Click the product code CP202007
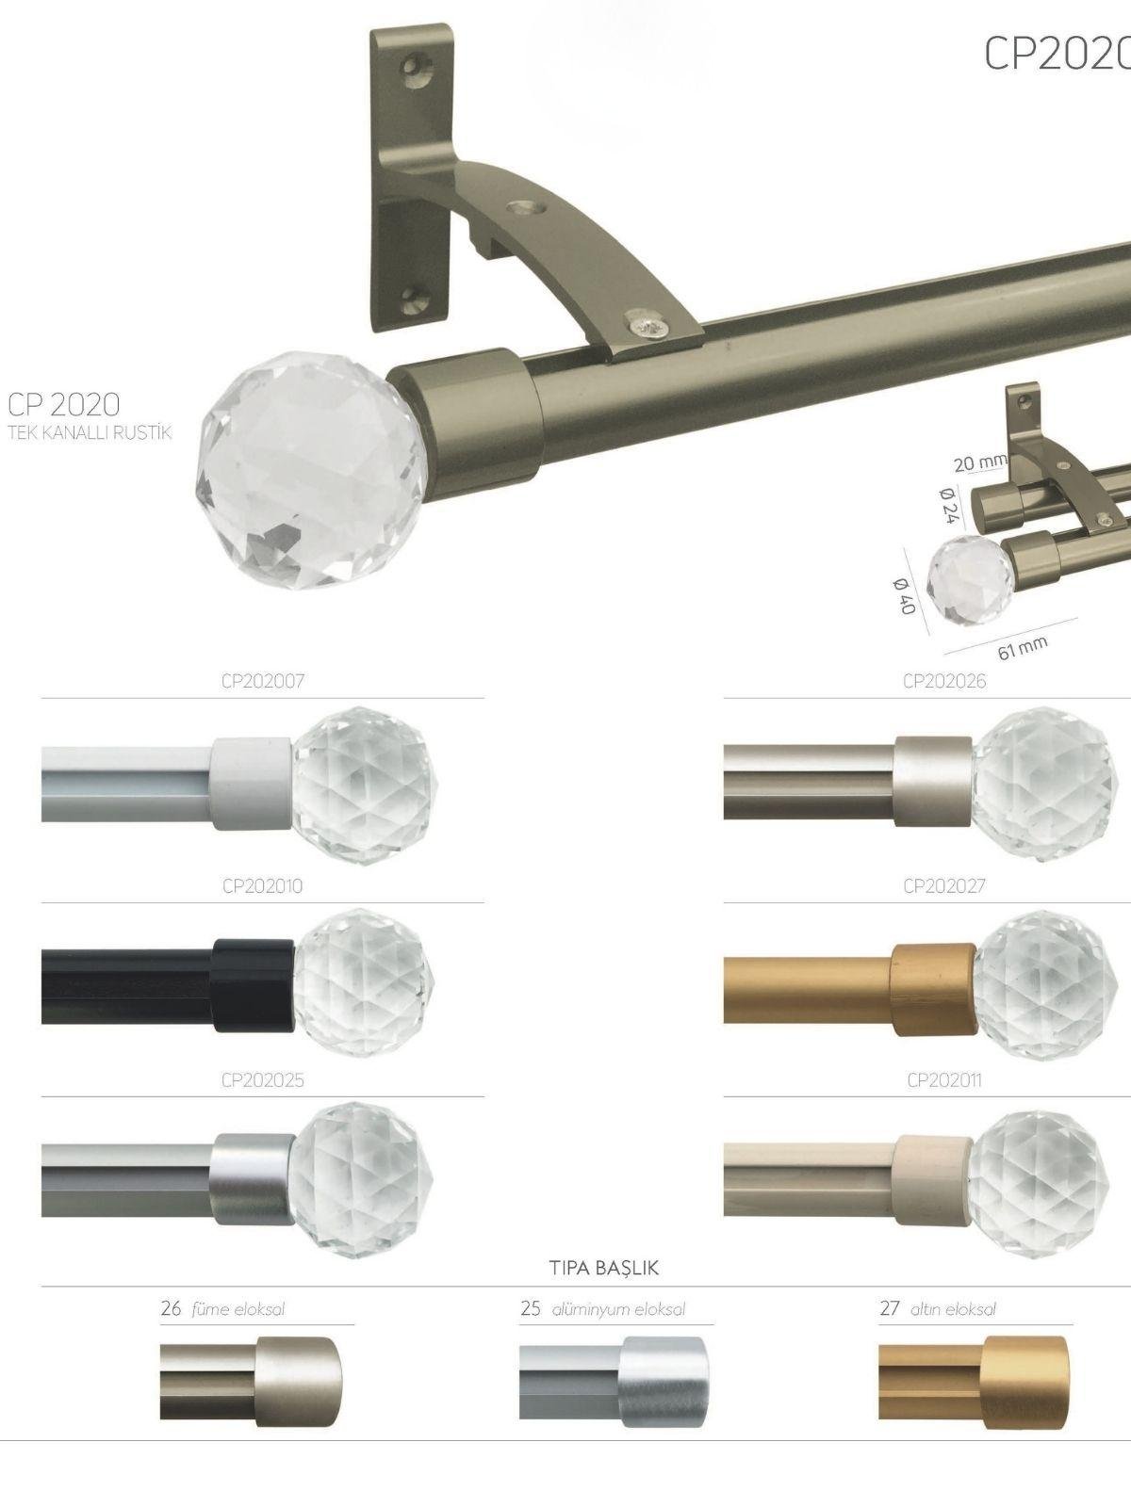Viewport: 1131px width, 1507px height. (x=263, y=681)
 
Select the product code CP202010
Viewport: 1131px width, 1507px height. (x=262, y=885)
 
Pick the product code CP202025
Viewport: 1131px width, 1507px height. (x=262, y=1080)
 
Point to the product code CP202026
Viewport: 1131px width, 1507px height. (x=944, y=681)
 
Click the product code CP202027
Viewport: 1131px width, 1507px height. (x=944, y=885)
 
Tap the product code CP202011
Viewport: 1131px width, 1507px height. (x=944, y=1080)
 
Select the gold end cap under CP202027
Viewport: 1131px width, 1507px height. (x=934, y=990)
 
